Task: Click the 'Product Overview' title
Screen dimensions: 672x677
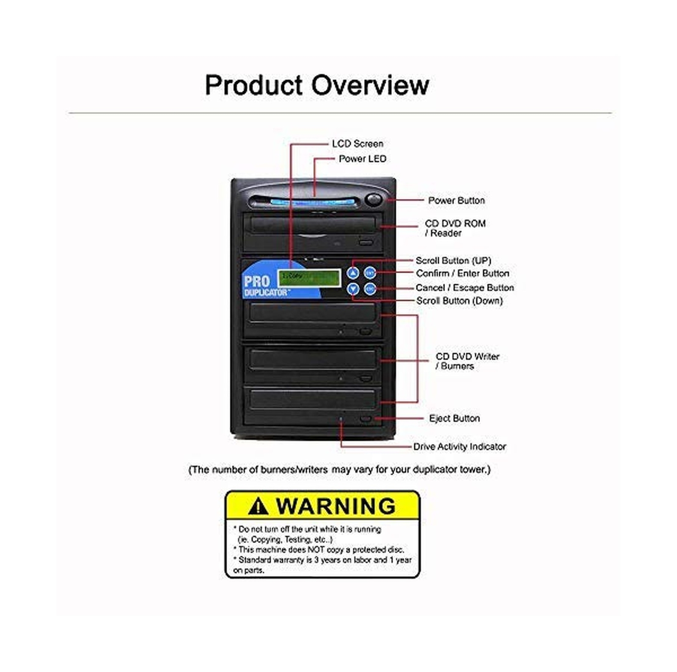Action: (x=316, y=85)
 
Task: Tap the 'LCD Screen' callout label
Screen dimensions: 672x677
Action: (x=357, y=144)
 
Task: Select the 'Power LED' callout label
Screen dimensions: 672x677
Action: (x=362, y=159)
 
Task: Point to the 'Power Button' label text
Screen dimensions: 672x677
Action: (x=456, y=200)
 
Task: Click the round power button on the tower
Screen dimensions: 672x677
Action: (x=373, y=199)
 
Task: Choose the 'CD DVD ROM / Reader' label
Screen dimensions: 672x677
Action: (x=454, y=228)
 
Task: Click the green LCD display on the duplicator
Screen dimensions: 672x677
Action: (x=309, y=278)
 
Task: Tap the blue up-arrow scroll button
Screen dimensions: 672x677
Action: (x=353, y=273)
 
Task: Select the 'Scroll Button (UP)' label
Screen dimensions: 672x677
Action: (x=453, y=260)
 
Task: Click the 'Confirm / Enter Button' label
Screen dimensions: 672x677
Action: (x=462, y=273)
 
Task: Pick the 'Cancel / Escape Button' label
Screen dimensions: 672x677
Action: (x=464, y=288)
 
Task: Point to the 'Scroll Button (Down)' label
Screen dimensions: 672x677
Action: (x=459, y=301)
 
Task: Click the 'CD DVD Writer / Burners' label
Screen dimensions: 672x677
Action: (x=467, y=361)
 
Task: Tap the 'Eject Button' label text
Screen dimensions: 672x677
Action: (x=454, y=419)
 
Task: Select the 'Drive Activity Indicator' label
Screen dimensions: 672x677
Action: (x=459, y=446)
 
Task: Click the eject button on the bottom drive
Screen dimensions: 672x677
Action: (x=366, y=419)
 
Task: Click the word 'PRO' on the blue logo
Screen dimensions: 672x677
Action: (x=256, y=281)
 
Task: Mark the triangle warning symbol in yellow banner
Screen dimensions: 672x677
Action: (x=258, y=506)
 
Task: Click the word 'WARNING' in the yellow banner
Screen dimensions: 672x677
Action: (x=336, y=506)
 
